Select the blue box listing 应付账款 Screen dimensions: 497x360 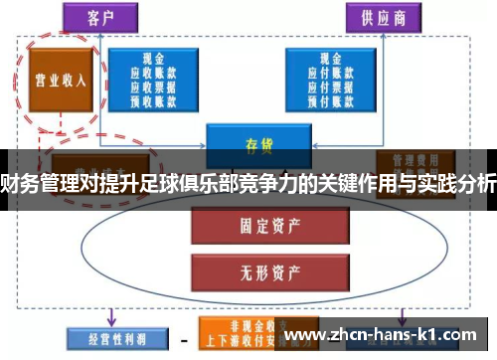[x=328, y=79]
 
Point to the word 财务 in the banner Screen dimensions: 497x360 [x=21, y=181]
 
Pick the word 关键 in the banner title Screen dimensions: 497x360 [x=345, y=181]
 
